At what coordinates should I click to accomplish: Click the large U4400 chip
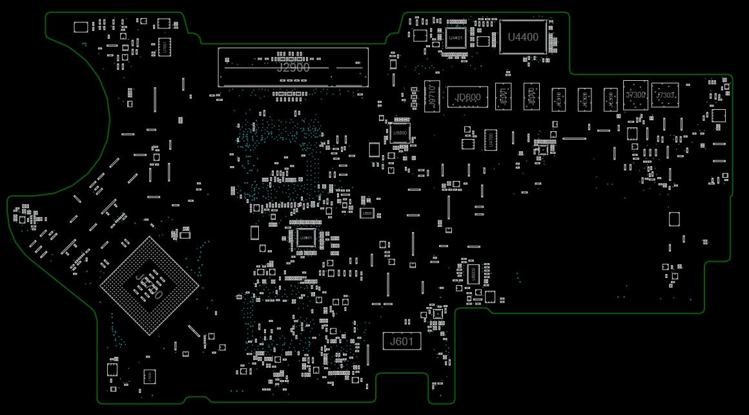pos(523,37)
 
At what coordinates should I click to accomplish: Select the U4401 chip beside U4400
pos(456,37)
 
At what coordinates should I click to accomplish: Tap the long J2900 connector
pos(293,67)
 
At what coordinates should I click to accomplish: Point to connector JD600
pos(468,98)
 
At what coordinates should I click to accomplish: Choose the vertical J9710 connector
pos(432,97)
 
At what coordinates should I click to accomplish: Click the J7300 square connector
pos(635,95)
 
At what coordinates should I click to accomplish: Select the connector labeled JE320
pos(584,99)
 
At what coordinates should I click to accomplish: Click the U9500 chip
pos(400,133)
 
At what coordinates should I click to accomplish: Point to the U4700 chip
pos(491,140)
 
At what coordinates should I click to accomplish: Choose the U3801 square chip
pos(307,238)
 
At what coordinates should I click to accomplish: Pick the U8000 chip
pos(472,273)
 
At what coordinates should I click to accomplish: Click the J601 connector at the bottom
pos(402,341)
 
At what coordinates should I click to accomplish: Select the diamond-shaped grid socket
pos(149,285)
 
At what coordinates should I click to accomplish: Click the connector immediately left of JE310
pos(531,97)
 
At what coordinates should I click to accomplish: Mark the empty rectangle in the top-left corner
pos(81,27)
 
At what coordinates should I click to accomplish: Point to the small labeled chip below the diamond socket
pos(148,375)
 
